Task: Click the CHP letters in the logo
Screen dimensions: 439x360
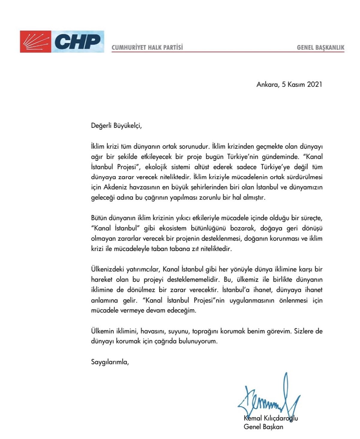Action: (x=77, y=42)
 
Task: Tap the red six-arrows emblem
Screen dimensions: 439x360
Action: (x=35, y=42)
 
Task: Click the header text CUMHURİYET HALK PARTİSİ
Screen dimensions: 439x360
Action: (x=147, y=47)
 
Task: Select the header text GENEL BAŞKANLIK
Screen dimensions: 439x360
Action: (x=320, y=47)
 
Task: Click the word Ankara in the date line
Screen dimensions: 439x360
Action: (x=267, y=84)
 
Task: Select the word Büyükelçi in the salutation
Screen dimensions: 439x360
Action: (x=127, y=125)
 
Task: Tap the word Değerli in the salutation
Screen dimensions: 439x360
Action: (x=101, y=125)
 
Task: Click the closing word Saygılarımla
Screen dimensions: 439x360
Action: (x=110, y=362)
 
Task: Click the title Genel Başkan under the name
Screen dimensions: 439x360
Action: (x=263, y=427)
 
